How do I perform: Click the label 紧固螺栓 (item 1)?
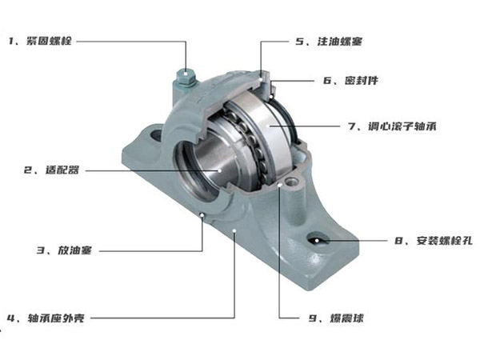tap(49, 41)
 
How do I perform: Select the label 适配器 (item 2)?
tap(62, 170)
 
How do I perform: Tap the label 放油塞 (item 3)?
tap(74, 250)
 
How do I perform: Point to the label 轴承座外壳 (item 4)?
tap(56, 318)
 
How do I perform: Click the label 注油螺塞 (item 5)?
tap(340, 42)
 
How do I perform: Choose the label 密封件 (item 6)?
tap(362, 80)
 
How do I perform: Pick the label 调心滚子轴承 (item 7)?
tap(402, 126)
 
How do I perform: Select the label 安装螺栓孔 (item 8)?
tap(445, 241)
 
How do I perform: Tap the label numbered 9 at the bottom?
tap(336, 318)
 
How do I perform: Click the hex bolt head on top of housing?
tap(186, 77)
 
